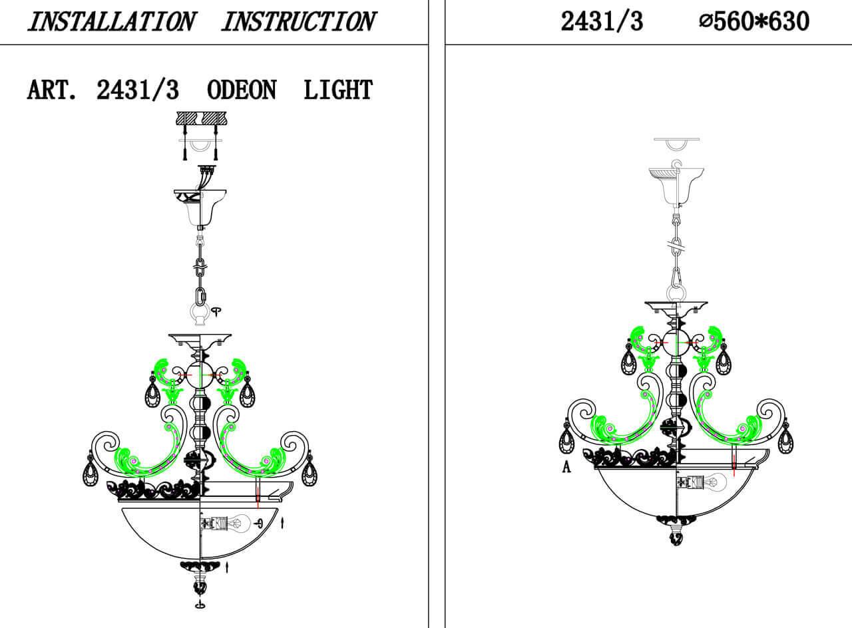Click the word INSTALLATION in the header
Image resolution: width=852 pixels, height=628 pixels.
pos(111,22)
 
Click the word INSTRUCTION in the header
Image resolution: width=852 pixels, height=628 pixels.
pos(299,22)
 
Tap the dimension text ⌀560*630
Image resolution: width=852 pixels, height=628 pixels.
pos(754,22)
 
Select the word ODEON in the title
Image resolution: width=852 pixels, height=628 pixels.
pos(242,90)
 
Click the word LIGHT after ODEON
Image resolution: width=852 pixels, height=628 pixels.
pos(338,90)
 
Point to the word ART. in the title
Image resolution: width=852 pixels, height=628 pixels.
pos(52,90)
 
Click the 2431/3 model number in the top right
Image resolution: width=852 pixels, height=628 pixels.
pos(602,22)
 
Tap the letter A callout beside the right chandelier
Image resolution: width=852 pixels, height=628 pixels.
pos(566,467)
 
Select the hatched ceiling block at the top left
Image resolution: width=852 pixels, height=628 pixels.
pos(201,118)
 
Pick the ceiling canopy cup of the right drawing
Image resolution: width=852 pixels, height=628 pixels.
pos(676,186)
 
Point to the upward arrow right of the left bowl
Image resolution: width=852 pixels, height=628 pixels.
pos(282,524)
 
